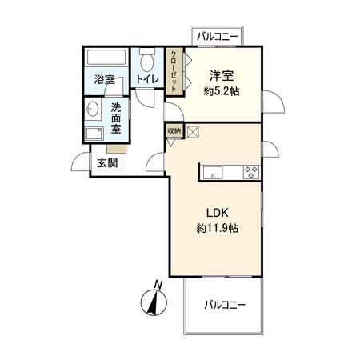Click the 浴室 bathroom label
(104, 80)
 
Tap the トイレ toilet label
(146, 80)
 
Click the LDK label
(218, 213)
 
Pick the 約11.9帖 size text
(218, 228)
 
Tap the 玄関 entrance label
(107, 162)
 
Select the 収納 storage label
(174, 130)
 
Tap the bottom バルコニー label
(224, 305)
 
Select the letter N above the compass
(158, 285)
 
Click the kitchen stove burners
(250, 170)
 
